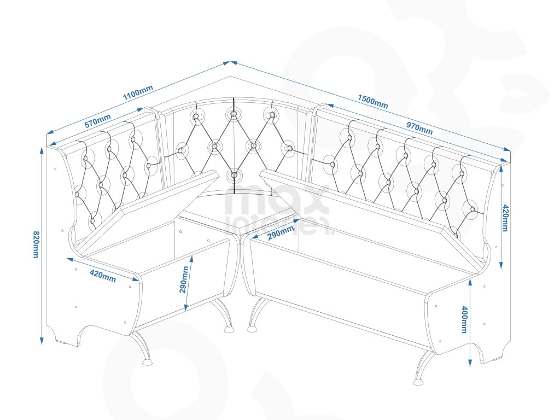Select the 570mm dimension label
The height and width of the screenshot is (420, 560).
(98, 121)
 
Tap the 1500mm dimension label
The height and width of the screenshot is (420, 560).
(373, 102)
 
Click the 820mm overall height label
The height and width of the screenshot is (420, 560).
(36, 244)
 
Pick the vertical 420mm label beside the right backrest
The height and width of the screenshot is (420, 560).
(505, 218)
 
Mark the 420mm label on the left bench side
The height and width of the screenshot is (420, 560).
(102, 275)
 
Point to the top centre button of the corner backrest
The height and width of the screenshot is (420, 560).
(234, 114)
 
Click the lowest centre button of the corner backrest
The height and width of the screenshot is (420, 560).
(234, 176)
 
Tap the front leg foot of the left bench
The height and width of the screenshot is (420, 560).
(147, 361)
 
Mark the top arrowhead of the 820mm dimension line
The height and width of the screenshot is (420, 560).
(42, 149)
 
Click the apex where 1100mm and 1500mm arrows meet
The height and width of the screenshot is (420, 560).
(231, 62)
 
